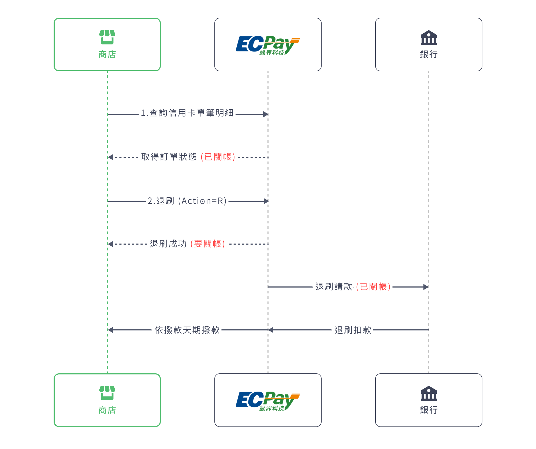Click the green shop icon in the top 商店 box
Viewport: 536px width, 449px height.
(x=107, y=37)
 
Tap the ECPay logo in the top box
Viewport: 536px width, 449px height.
(x=268, y=45)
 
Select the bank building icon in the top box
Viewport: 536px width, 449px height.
(x=429, y=38)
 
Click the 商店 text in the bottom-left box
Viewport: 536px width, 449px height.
(x=107, y=410)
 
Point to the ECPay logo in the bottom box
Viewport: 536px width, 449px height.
(x=268, y=401)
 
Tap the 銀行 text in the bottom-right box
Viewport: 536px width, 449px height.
(x=429, y=410)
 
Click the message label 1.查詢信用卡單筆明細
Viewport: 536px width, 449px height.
(x=187, y=113)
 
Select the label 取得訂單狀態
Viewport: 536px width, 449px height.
(x=169, y=157)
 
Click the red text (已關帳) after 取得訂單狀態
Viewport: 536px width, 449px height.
(x=218, y=157)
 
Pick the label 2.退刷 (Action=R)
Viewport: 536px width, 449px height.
(x=187, y=201)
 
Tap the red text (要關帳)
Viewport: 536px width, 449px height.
(x=208, y=244)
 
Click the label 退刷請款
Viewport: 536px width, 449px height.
(x=334, y=287)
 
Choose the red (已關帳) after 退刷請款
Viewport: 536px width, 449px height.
(x=373, y=287)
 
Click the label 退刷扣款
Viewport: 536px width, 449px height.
(x=353, y=330)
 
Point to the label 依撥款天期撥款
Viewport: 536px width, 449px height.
(x=187, y=330)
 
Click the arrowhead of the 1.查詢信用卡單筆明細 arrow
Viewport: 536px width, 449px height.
(x=266, y=114)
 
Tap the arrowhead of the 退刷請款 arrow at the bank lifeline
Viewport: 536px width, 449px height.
(x=426, y=287)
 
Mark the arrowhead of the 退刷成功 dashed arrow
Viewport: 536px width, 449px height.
(x=110, y=244)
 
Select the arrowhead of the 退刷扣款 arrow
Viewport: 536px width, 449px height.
(x=271, y=330)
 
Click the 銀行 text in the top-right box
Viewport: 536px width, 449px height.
(x=429, y=54)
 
